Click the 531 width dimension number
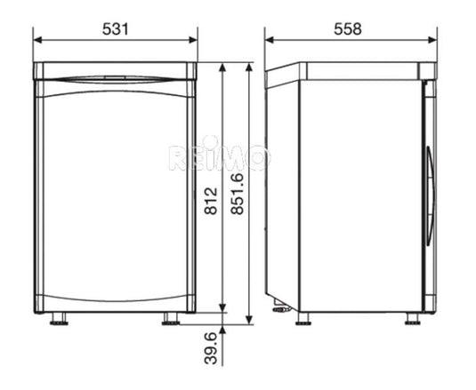[116, 29]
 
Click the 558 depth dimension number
[348, 29]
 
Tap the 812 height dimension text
[211, 201]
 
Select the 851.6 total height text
[237, 194]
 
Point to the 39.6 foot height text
[211, 348]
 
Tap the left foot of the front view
[59, 319]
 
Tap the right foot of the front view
[171, 319]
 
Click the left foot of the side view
[303, 319]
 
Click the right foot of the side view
[413, 319]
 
